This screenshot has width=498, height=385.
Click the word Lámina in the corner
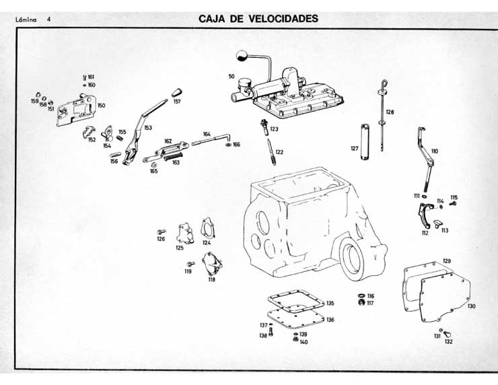24,20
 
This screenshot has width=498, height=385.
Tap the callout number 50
232,76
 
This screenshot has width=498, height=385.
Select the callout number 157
177,102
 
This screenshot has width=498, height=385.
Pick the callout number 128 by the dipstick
390,112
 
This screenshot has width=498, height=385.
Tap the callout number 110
434,151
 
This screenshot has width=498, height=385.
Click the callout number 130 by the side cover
471,306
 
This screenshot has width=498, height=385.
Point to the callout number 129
446,260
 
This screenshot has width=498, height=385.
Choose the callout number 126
161,239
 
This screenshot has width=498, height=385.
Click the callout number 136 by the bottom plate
330,320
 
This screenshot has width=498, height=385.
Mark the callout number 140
304,342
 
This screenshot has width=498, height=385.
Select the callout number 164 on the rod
207,134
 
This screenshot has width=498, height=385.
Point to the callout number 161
91,77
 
